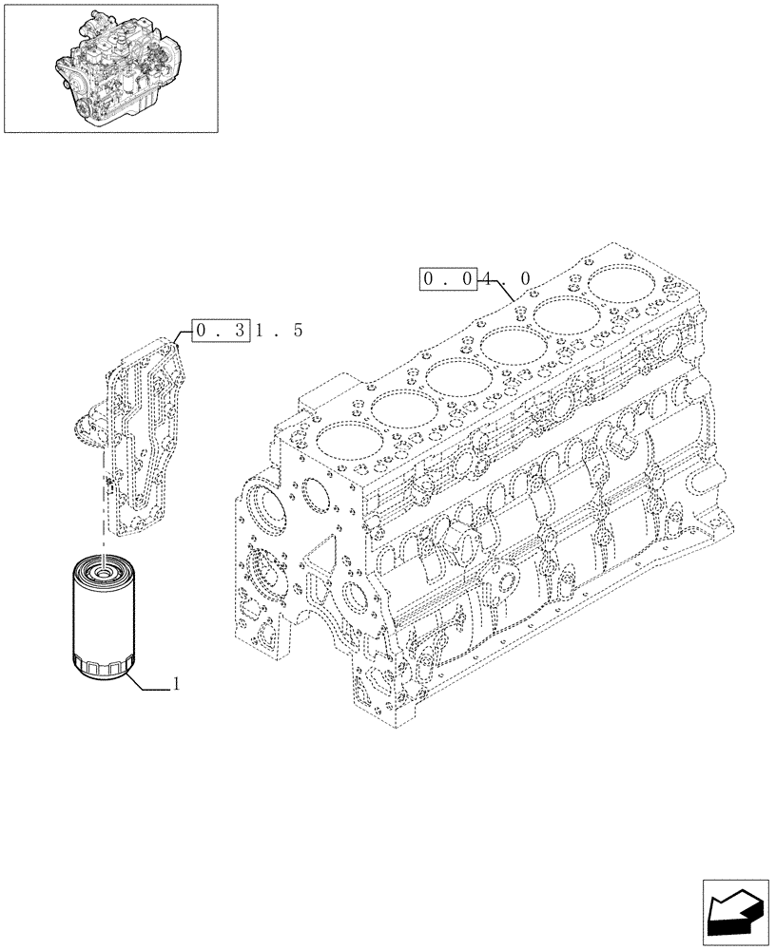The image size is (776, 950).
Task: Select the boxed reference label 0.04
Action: pyautogui.click(x=453, y=280)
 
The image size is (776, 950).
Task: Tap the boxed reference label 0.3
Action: pyautogui.click(x=221, y=331)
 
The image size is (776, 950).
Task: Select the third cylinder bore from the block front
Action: pyautogui.click(x=453, y=377)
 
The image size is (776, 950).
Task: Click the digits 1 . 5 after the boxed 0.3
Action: pyautogui.click(x=280, y=331)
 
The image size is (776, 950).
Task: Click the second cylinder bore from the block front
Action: pyautogui.click(x=398, y=409)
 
